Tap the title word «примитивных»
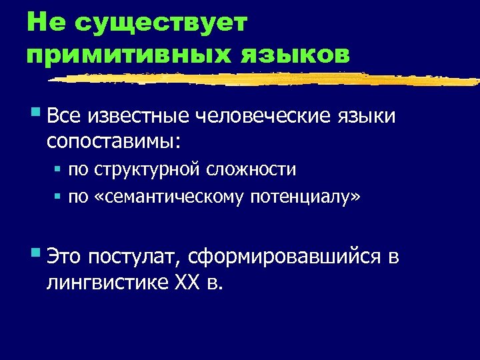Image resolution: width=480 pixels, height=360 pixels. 127,54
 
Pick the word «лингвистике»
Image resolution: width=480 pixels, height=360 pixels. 107,283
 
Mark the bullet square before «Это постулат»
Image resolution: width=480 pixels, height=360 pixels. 35,253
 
